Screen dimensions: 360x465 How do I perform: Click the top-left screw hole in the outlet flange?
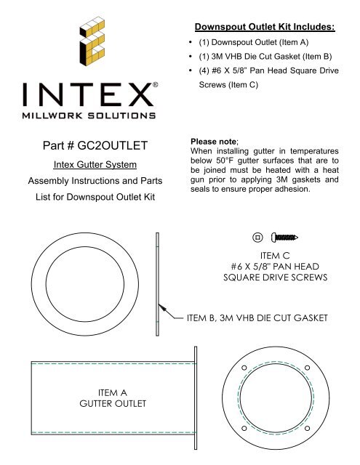coord(244,365)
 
